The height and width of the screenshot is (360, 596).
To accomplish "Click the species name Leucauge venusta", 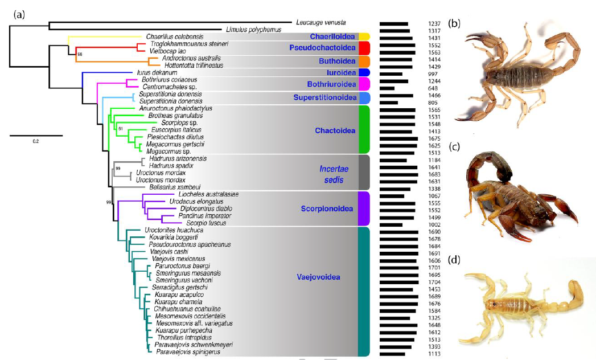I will point(320,22).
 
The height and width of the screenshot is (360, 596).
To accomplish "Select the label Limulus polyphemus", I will point(246,30).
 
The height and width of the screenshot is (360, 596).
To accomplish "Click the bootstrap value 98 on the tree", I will point(80,54).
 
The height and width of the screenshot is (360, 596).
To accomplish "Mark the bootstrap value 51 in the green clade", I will point(120,129).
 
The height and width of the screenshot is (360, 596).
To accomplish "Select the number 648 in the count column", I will point(434,88).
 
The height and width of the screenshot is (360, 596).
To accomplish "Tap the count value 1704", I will point(434,280).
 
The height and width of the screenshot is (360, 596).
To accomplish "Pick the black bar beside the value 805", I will point(389,103).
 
